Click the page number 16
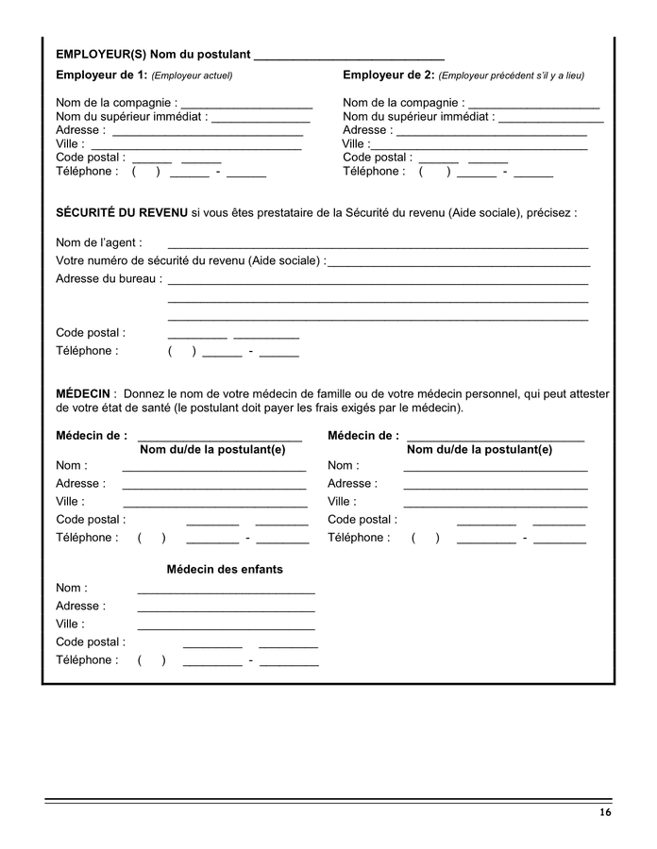pyautogui.click(x=604, y=813)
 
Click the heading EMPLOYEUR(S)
pyautogui.click(x=101, y=55)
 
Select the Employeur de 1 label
pyautogui.click(x=102, y=75)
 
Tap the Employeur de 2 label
pyautogui.click(x=389, y=75)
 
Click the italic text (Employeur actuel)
pyautogui.click(x=193, y=75)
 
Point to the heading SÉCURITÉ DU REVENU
pyautogui.click(x=122, y=213)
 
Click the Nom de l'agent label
pyautogui.click(x=99, y=242)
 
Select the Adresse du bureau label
pyautogui.click(x=109, y=278)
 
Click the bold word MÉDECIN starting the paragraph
pyautogui.click(x=84, y=393)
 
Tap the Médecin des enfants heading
pyautogui.click(x=225, y=569)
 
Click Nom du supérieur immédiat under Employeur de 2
pyautogui.click(x=418, y=117)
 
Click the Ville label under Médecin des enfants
pyautogui.click(x=70, y=624)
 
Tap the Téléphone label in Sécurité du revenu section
pyautogui.click(x=87, y=351)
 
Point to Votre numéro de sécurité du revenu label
pyautogui.click(x=191, y=260)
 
